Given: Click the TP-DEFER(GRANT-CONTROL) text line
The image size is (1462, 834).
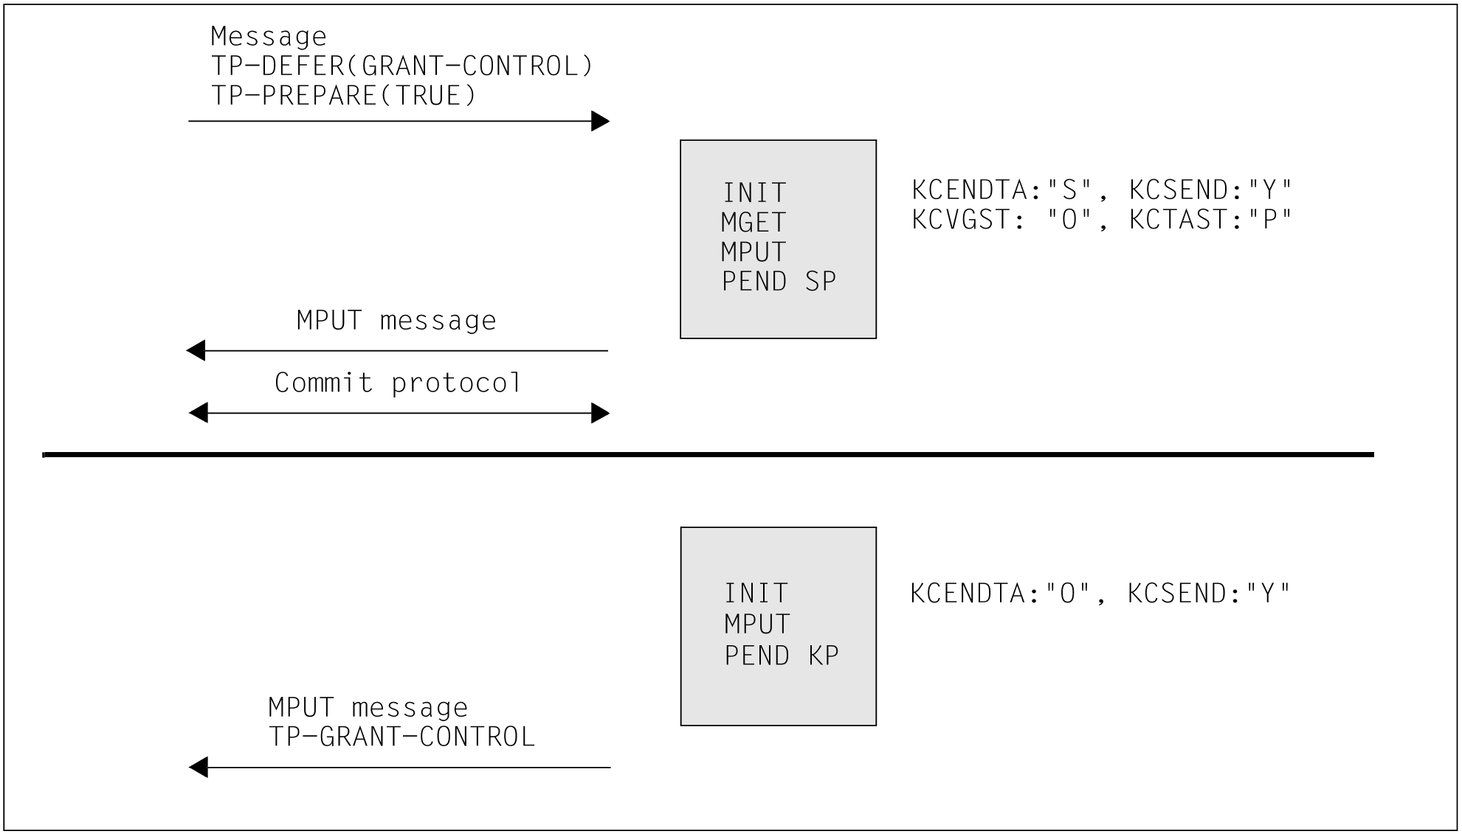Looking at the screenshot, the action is [402, 66].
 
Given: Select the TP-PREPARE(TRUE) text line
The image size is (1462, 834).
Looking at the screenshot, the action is [344, 96].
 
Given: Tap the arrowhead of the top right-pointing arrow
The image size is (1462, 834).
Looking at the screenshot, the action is [601, 121].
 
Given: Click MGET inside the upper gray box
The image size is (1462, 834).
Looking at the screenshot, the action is [754, 222].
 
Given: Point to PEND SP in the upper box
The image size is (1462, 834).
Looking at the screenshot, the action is [779, 281].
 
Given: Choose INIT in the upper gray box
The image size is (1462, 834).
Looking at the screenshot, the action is [754, 192].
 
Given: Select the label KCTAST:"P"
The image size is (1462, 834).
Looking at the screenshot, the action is [1211, 219].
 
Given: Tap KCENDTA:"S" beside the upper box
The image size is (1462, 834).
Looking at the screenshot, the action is [1001, 190].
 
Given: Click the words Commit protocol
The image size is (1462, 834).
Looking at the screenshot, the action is [398, 383].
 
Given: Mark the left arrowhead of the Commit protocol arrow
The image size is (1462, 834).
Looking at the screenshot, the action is [198, 413].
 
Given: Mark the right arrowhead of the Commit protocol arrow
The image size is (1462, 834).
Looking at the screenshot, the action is [601, 413].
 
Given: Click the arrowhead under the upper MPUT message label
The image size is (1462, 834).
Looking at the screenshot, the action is [196, 351].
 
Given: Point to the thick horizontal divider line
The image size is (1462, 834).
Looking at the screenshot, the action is [708, 455].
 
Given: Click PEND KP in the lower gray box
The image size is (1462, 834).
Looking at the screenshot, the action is [782, 655].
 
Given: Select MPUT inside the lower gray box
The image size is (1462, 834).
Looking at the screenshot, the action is [757, 624].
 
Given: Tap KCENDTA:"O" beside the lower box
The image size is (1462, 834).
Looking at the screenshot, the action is [1000, 593].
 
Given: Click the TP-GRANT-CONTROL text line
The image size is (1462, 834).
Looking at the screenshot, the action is [401, 737].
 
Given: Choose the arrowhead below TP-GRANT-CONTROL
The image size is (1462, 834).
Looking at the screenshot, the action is [199, 768].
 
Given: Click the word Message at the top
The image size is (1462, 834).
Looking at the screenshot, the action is [269, 36].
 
